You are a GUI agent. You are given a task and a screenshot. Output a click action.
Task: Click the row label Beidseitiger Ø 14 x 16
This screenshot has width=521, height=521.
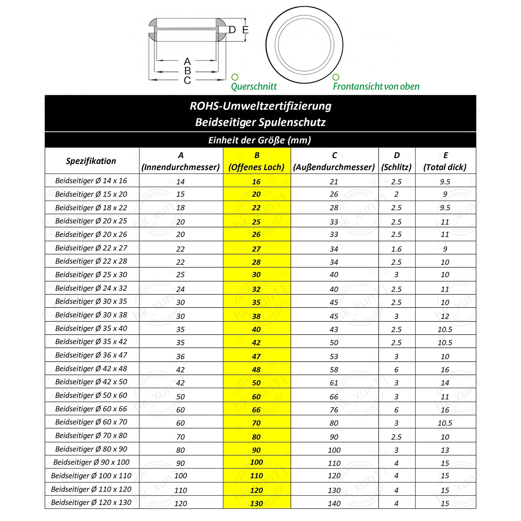click(x=91, y=181)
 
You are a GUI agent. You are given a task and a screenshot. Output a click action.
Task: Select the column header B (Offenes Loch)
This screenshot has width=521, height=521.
click(x=257, y=161)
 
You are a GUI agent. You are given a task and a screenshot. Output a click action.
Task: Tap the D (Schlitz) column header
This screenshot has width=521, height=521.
click(x=396, y=161)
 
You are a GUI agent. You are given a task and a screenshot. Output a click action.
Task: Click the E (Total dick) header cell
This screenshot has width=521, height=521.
click(x=445, y=161)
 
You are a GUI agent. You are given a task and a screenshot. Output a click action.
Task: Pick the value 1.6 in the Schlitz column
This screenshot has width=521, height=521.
click(x=396, y=249)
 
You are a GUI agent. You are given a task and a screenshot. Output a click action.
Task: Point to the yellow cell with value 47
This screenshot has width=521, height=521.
click(x=256, y=357)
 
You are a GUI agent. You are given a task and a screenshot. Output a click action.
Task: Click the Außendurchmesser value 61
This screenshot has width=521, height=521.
click(x=334, y=383)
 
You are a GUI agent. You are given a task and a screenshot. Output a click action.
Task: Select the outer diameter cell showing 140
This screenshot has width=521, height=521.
click(x=334, y=503)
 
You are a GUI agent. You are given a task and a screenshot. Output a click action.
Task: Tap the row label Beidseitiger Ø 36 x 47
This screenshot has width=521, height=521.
click(x=91, y=355)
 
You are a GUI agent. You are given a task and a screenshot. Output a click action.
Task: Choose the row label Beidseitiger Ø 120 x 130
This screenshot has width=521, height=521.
click(x=91, y=502)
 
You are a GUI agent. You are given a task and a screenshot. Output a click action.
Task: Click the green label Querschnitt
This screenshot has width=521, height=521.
click(x=254, y=87)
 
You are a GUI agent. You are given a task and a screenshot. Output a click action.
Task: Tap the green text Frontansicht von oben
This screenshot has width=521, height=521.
click(x=376, y=87)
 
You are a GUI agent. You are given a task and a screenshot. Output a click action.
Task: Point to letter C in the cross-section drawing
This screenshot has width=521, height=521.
click(x=187, y=80)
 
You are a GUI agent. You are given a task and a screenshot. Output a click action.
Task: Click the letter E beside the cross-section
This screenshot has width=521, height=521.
click(x=246, y=30)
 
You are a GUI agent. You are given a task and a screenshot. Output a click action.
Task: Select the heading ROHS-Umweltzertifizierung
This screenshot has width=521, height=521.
click(x=260, y=106)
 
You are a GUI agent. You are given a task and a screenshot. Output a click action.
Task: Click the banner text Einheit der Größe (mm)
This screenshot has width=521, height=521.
click(x=260, y=140)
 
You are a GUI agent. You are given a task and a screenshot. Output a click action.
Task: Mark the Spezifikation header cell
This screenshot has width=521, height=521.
click(x=91, y=161)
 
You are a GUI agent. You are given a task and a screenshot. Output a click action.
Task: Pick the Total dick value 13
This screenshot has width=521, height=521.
click(x=445, y=450)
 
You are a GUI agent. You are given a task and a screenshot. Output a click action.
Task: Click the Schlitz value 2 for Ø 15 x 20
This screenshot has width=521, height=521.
click(x=396, y=194)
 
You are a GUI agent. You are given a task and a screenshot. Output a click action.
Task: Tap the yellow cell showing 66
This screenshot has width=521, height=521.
click(x=256, y=410)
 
